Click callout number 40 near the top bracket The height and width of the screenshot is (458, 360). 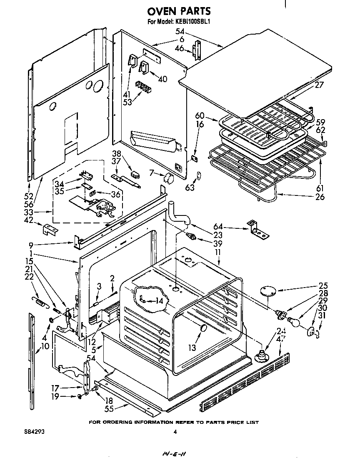coord(162,78)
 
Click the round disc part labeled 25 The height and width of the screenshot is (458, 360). coord(267,291)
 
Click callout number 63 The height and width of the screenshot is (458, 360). coord(190,188)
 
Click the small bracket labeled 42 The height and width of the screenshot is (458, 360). coord(50,229)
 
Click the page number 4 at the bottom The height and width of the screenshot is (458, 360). coord(175,432)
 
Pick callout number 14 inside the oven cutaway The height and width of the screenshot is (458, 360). coord(159,300)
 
